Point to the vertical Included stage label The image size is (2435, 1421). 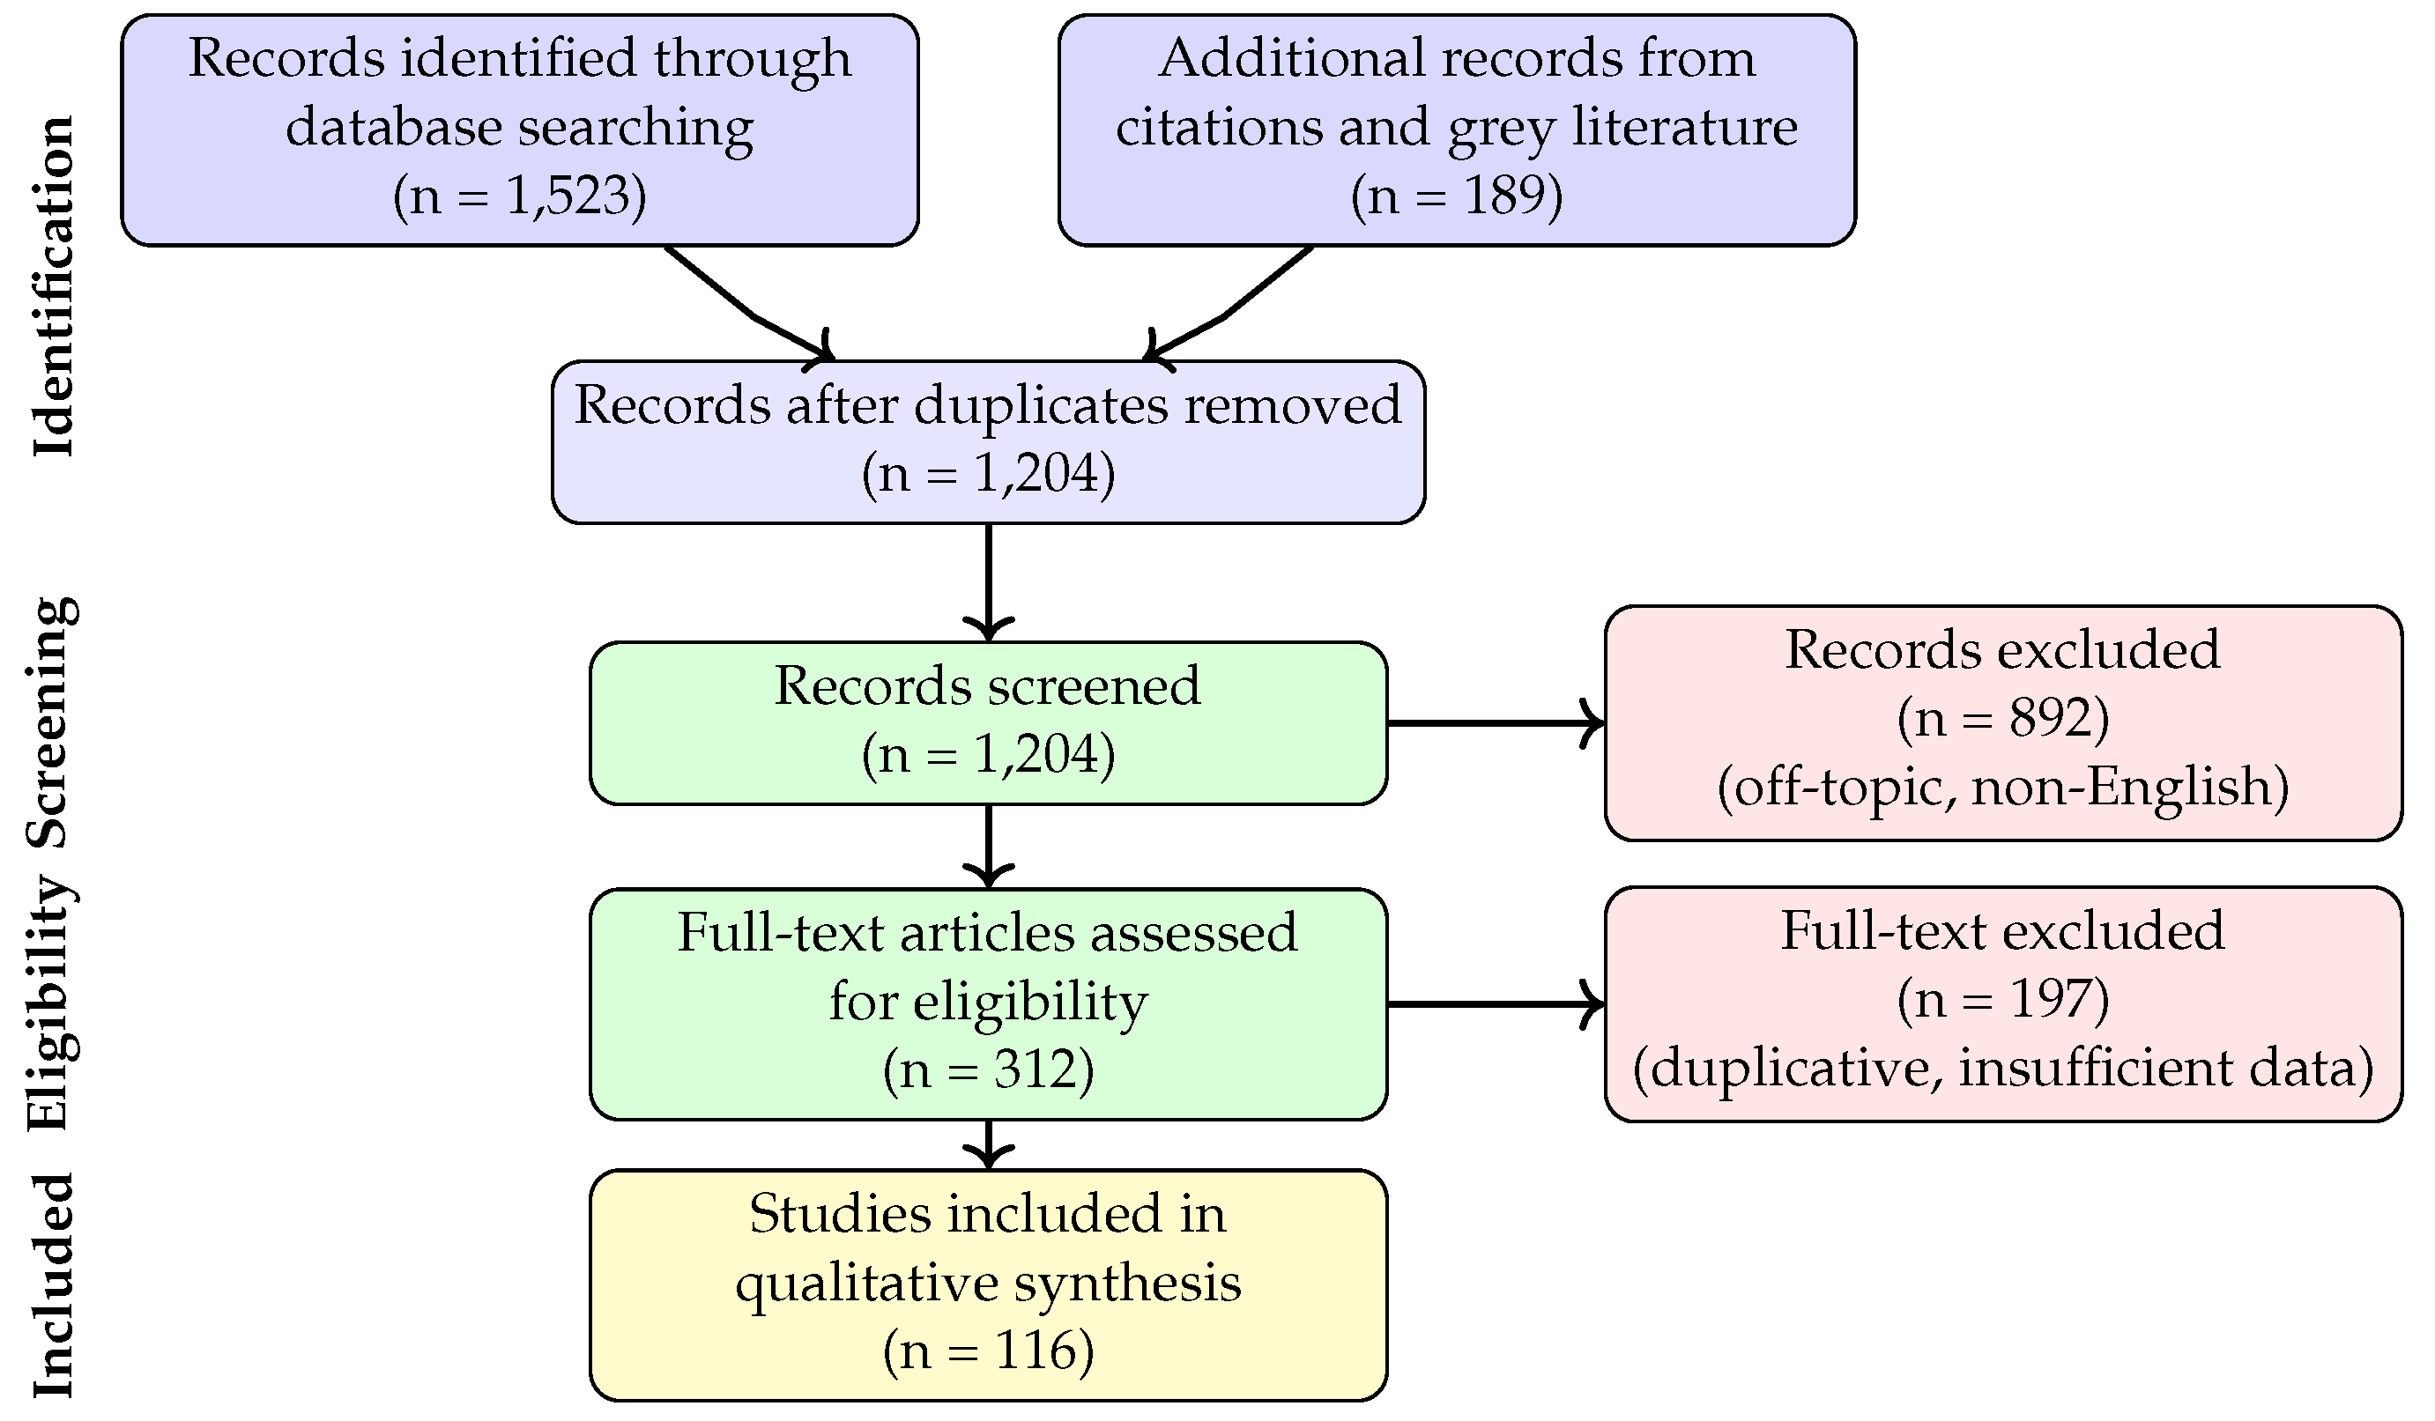tap(53, 1285)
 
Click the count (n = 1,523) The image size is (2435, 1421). tap(519, 196)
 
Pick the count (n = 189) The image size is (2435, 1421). tap(1456, 196)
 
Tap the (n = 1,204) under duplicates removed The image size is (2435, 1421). tap(988, 473)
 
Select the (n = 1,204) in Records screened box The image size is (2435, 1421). tap(988, 754)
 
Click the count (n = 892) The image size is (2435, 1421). tap(2002, 719)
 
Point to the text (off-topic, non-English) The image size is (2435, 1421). tap(2002, 788)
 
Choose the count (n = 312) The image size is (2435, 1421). tap(988, 1069)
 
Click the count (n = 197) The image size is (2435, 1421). tap(2002, 999)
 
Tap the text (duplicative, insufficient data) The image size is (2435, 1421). tap(2002, 1069)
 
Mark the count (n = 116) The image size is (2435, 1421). tap(988, 1351)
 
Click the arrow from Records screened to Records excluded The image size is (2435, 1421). tap(1494, 722)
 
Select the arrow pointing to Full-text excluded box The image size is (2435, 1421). tap(1494, 1004)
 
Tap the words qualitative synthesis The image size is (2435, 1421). tap(988, 1284)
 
